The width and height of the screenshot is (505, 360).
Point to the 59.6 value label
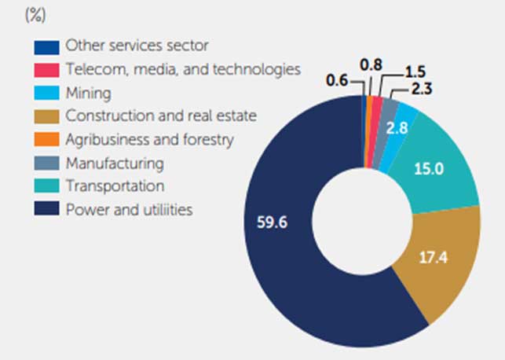coord(272,222)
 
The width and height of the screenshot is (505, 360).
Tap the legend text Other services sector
coord(137,46)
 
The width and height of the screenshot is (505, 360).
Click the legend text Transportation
coord(115,186)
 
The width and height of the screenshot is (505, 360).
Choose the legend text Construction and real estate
coord(162,116)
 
